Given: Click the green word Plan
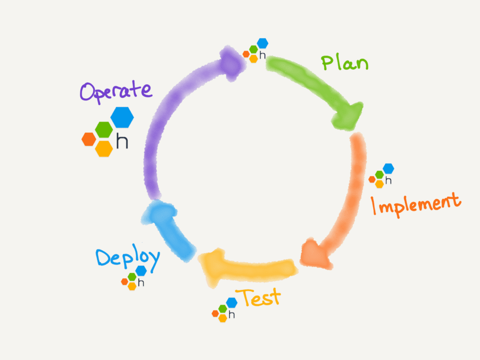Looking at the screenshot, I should (x=345, y=62).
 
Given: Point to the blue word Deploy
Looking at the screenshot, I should (x=128, y=258).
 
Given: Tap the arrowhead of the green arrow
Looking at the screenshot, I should (x=349, y=115).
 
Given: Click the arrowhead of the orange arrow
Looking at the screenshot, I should (x=313, y=254).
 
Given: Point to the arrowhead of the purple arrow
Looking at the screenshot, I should (x=233, y=63).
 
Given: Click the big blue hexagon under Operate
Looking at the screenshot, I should (x=122, y=117).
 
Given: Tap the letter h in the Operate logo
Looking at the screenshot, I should (x=122, y=142).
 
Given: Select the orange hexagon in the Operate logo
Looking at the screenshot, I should (x=89, y=139).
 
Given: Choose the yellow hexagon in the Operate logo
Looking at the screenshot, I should (x=104, y=148).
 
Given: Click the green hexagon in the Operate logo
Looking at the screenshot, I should (x=104, y=129).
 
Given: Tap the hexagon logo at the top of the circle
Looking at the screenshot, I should (x=256, y=51).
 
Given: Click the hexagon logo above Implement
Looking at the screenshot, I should (x=382, y=175).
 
